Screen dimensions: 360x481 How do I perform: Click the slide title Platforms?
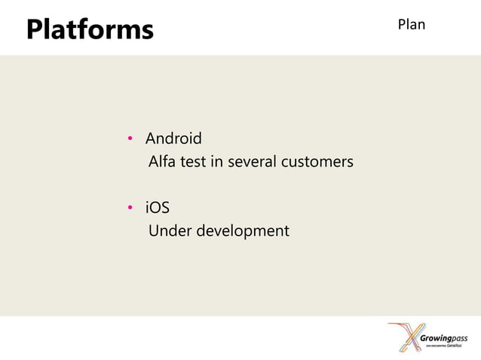pos(90,29)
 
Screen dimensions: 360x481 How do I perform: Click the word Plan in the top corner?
pos(411,24)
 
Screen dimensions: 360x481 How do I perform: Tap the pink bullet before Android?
pos(130,139)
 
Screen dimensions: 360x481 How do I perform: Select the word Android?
pos(173,139)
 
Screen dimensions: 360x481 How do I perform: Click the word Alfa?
pos(161,162)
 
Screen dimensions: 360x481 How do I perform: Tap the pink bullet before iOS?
pos(130,209)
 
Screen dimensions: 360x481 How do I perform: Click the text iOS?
pos(158,208)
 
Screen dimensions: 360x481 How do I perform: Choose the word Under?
pos(170,230)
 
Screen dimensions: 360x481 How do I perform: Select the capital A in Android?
pos(151,139)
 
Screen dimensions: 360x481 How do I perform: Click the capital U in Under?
pos(154,230)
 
